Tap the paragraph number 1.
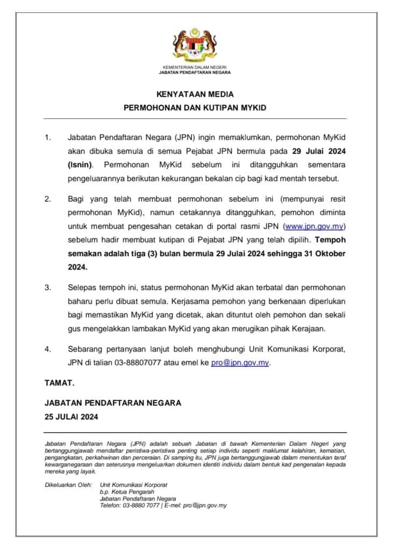(47, 138)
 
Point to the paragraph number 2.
(47, 199)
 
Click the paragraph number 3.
(47, 287)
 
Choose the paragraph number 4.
(47, 349)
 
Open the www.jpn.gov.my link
(313, 226)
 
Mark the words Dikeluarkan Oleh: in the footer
(68, 484)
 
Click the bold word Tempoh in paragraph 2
(331, 240)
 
